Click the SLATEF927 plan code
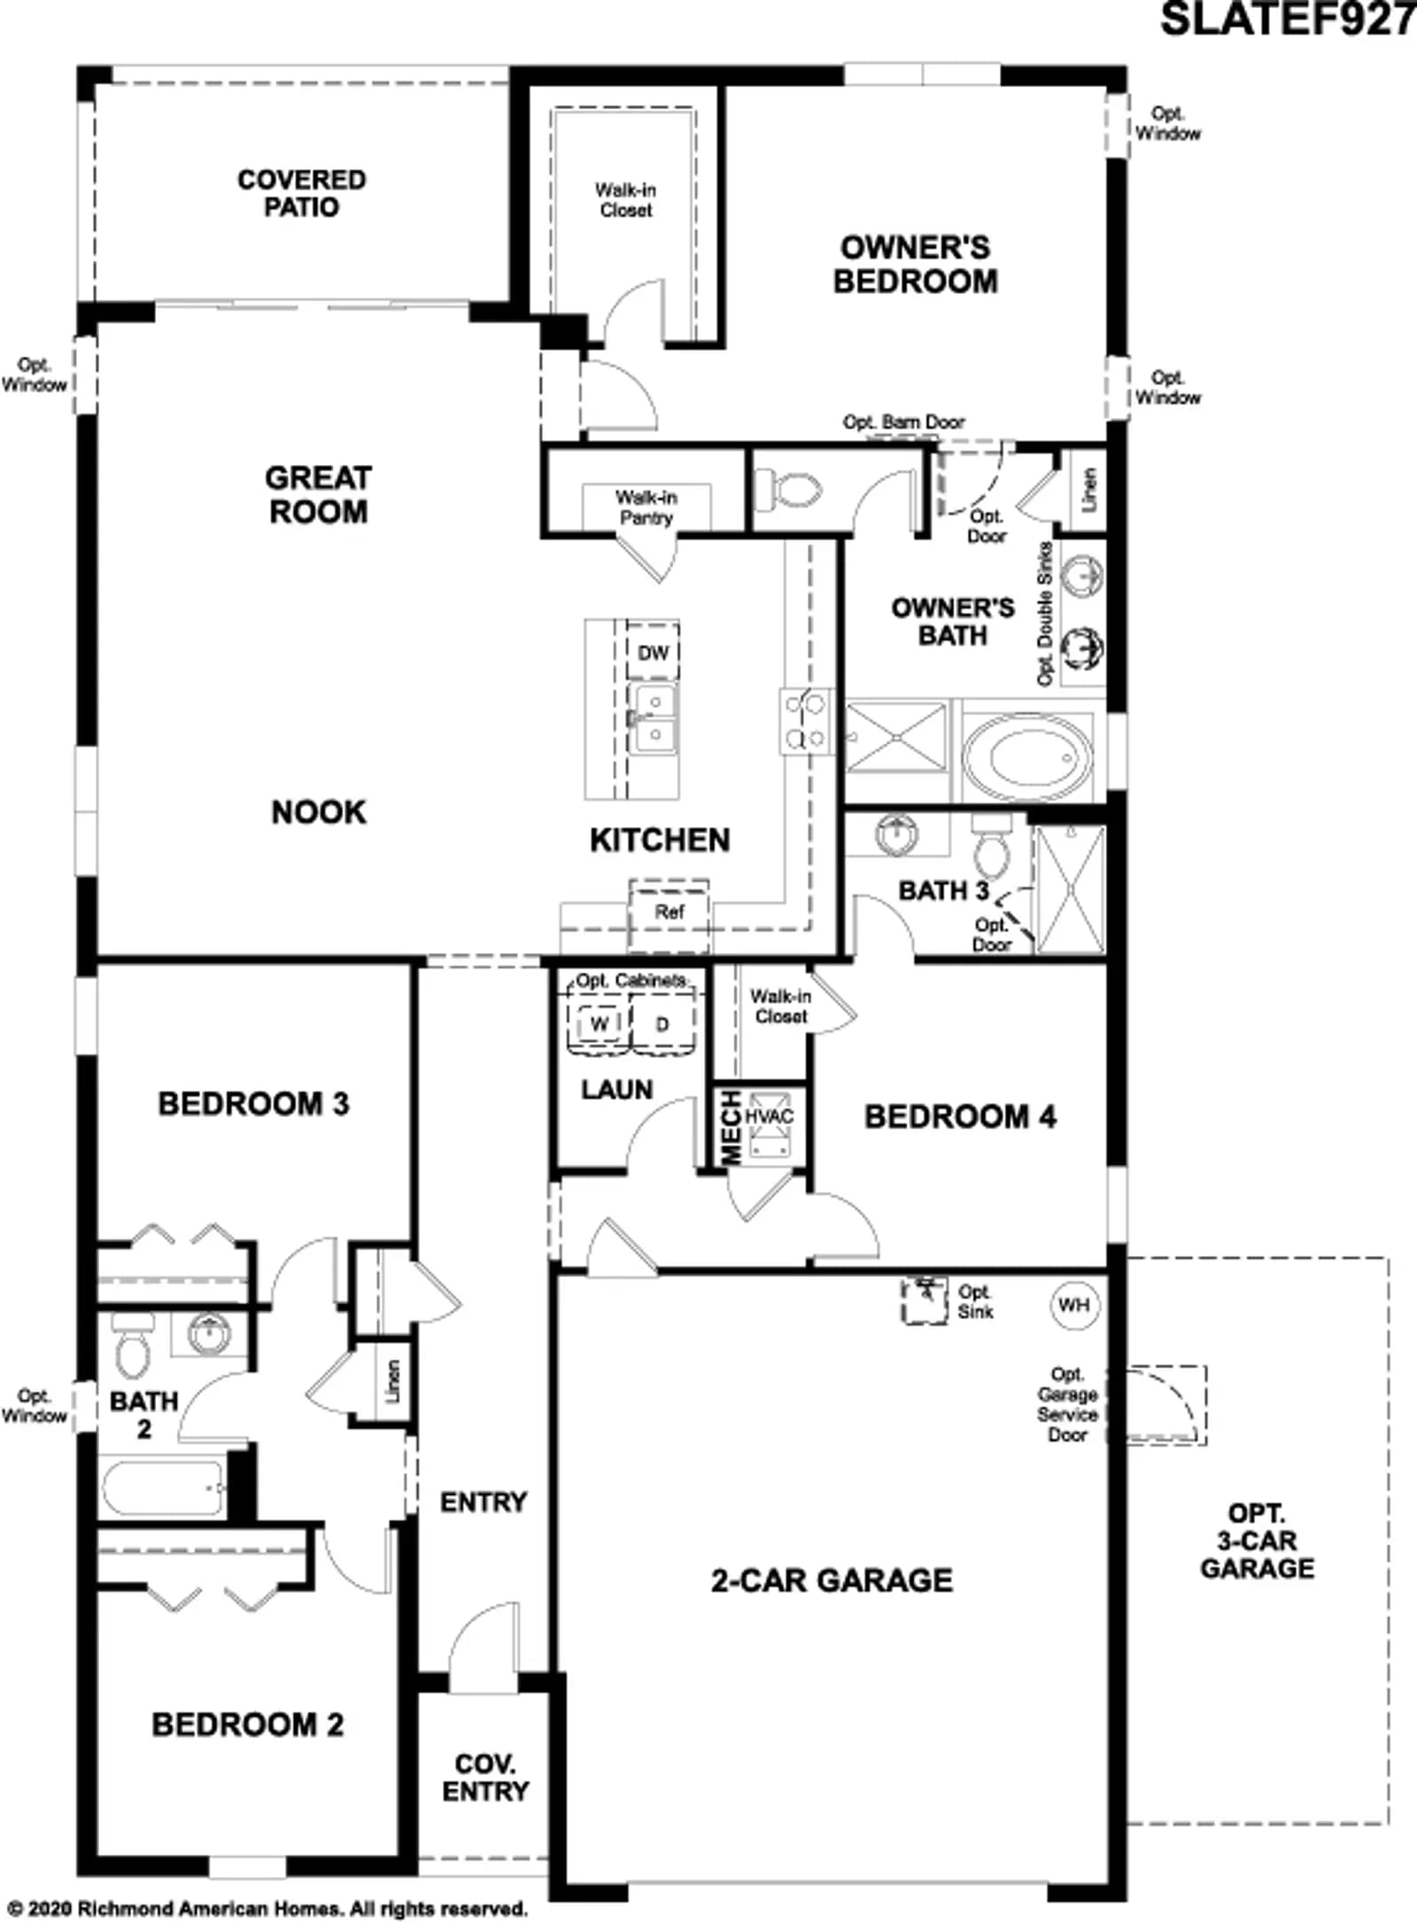coord(1289,19)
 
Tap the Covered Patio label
coord(301,193)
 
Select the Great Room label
coord(318,494)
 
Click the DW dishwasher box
coord(654,653)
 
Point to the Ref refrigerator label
coord(670,911)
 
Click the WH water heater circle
coord(1074,1305)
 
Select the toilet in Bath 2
coord(133,1345)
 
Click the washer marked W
coord(600,1024)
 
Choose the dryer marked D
coord(662,1024)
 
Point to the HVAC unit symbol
coord(768,1126)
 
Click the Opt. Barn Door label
coord(903,422)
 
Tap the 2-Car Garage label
coord(832,1580)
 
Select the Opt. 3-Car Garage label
coord(1257,1541)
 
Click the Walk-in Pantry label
coord(647,508)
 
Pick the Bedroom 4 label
coord(960,1117)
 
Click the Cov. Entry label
coord(485,1777)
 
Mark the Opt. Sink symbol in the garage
coord(925,1300)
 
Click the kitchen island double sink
coord(653,718)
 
